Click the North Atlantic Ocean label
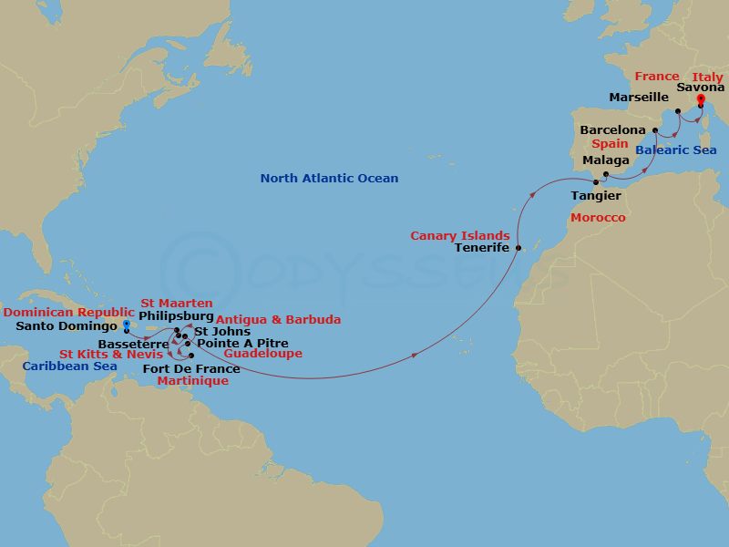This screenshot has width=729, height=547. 329,179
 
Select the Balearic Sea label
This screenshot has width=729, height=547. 676,150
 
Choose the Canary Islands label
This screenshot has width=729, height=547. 459,235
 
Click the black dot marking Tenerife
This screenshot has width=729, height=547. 518,248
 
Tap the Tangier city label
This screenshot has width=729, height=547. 596,196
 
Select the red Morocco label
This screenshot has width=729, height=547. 597,218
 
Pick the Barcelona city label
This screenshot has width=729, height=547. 613,130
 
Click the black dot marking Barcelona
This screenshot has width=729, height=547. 655,130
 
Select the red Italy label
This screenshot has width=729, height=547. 707,77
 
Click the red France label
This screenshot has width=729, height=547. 657,77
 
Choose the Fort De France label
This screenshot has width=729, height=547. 191,368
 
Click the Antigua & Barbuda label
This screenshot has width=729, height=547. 278,319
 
